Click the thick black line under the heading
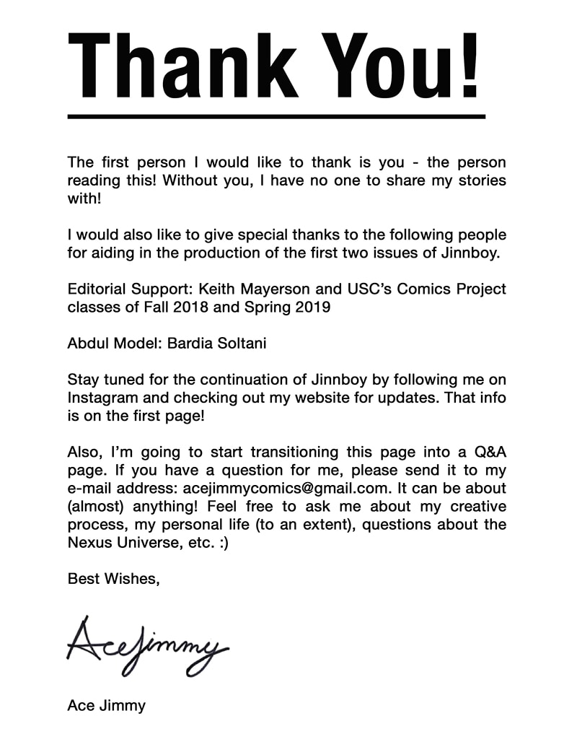276,115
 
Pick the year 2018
185,307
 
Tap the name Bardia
192,343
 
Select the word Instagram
102,398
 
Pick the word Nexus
89,543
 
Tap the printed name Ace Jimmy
106,705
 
